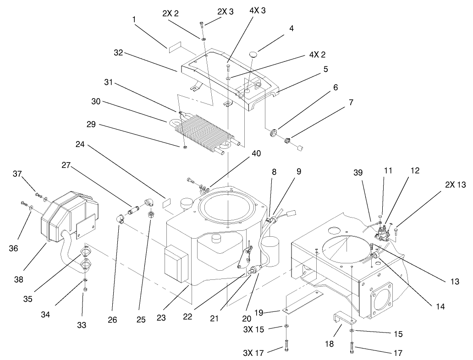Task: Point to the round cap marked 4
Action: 254,55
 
